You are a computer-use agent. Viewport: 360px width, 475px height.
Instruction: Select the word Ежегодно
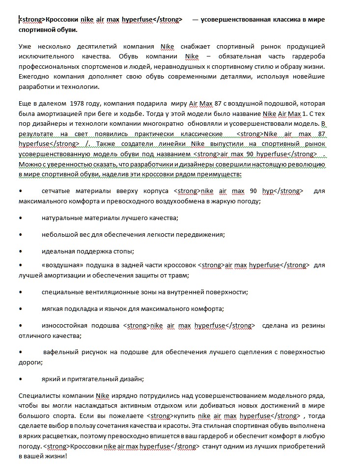click(32, 78)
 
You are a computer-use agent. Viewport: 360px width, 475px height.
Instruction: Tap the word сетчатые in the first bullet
click(56, 190)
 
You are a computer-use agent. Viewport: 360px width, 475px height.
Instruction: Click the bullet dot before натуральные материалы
click(20, 217)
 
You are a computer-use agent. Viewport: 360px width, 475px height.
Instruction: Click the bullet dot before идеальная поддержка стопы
click(20, 251)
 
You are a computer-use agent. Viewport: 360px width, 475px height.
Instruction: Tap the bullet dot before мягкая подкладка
click(20, 308)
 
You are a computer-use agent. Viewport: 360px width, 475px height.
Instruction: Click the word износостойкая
click(64, 325)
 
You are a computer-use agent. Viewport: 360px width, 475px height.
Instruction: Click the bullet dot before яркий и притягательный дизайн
click(20, 379)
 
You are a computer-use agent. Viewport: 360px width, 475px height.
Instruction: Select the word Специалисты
click(38, 395)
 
